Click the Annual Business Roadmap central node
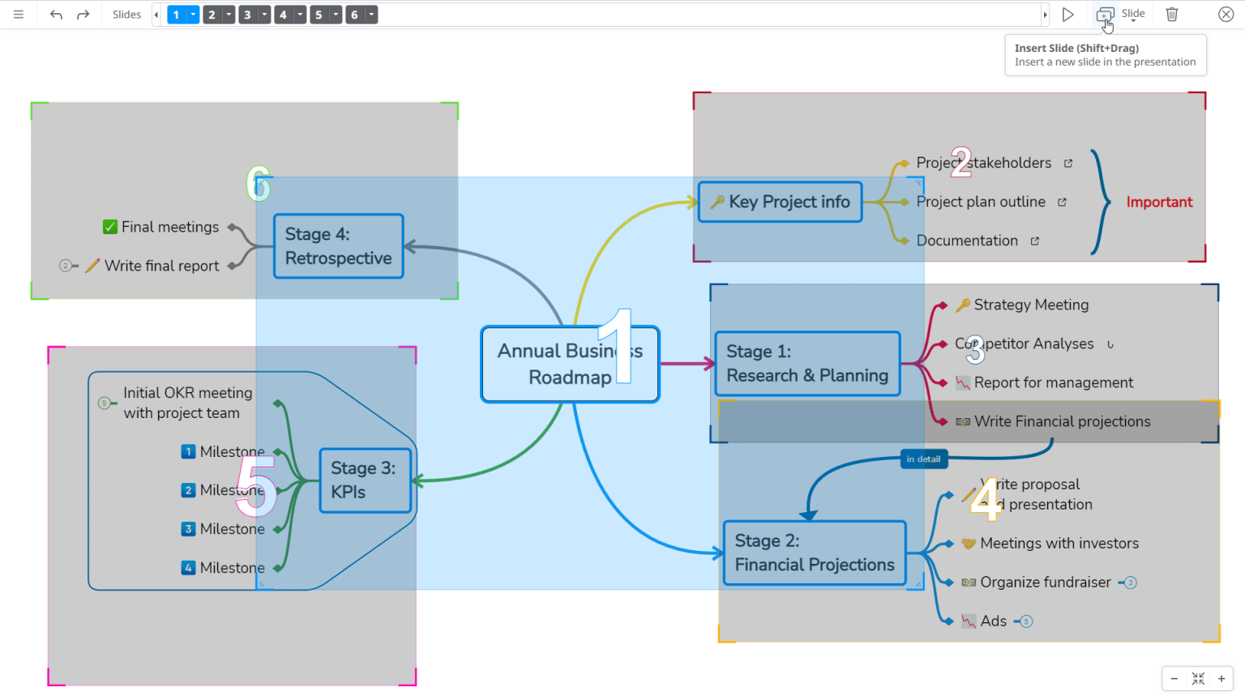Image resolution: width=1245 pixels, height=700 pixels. (x=570, y=364)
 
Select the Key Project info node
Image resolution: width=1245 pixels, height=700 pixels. (x=780, y=202)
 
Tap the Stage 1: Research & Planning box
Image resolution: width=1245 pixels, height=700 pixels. (x=807, y=364)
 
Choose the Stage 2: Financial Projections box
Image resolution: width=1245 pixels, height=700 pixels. (x=814, y=553)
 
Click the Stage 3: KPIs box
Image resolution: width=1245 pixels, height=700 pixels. (x=365, y=480)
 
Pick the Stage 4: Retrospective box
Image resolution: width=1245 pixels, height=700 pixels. (x=338, y=246)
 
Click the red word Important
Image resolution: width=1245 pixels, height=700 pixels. (x=1159, y=203)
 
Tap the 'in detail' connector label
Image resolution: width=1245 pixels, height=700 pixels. (x=923, y=459)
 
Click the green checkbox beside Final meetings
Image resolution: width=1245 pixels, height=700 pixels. (x=110, y=227)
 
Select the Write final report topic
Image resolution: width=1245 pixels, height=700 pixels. (x=161, y=266)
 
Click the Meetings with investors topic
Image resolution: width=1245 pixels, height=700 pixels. (x=1059, y=544)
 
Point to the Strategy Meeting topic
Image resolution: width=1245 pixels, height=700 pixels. (x=1031, y=305)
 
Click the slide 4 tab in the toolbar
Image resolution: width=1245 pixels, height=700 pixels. (x=283, y=15)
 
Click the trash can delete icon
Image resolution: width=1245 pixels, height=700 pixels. (x=1172, y=15)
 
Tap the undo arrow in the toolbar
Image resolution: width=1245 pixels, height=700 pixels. (x=56, y=15)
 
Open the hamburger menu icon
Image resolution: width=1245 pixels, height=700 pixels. (x=19, y=15)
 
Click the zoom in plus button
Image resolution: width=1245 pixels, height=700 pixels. (x=1221, y=679)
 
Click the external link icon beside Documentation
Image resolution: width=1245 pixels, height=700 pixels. (x=1035, y=241)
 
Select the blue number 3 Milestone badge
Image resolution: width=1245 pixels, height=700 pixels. (x=188, y=529)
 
